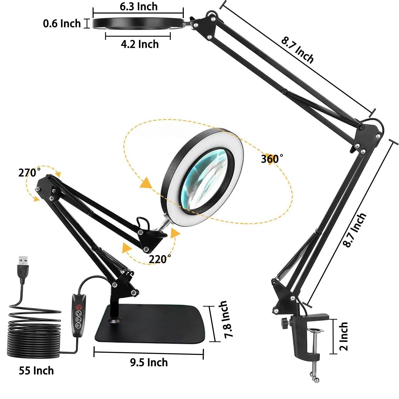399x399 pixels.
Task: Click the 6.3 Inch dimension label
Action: (x=138, y=7)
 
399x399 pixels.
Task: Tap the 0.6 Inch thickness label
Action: (x=62, y=23)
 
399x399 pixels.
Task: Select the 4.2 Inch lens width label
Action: (x=140, y=44)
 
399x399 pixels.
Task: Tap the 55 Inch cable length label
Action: (x=36, y=371)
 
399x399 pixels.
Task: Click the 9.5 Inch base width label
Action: (x=149, y=362)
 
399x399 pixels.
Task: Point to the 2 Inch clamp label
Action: (x=343, y=336)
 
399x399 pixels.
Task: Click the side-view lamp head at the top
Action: (x=138, y=23)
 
